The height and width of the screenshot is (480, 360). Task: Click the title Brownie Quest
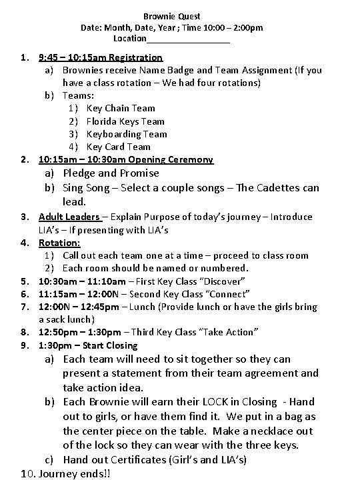(x=172, y=15)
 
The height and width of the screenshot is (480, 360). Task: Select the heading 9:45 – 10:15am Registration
(x=101, y=57)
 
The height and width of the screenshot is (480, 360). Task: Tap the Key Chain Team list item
(x=121, y=108)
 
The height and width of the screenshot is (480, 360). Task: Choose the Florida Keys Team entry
(x=125, y=121)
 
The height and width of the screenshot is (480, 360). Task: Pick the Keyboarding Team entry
(x=127, y=134)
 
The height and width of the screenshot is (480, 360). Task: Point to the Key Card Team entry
(x=119, y=147)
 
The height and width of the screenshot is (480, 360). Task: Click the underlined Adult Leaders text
(x=69, y=217)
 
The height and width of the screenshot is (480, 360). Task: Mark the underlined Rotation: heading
(x=59, y=243)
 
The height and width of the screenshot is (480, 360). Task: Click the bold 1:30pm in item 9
(x=55, y=345)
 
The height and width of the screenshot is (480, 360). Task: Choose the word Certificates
(x=141, y=460)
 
